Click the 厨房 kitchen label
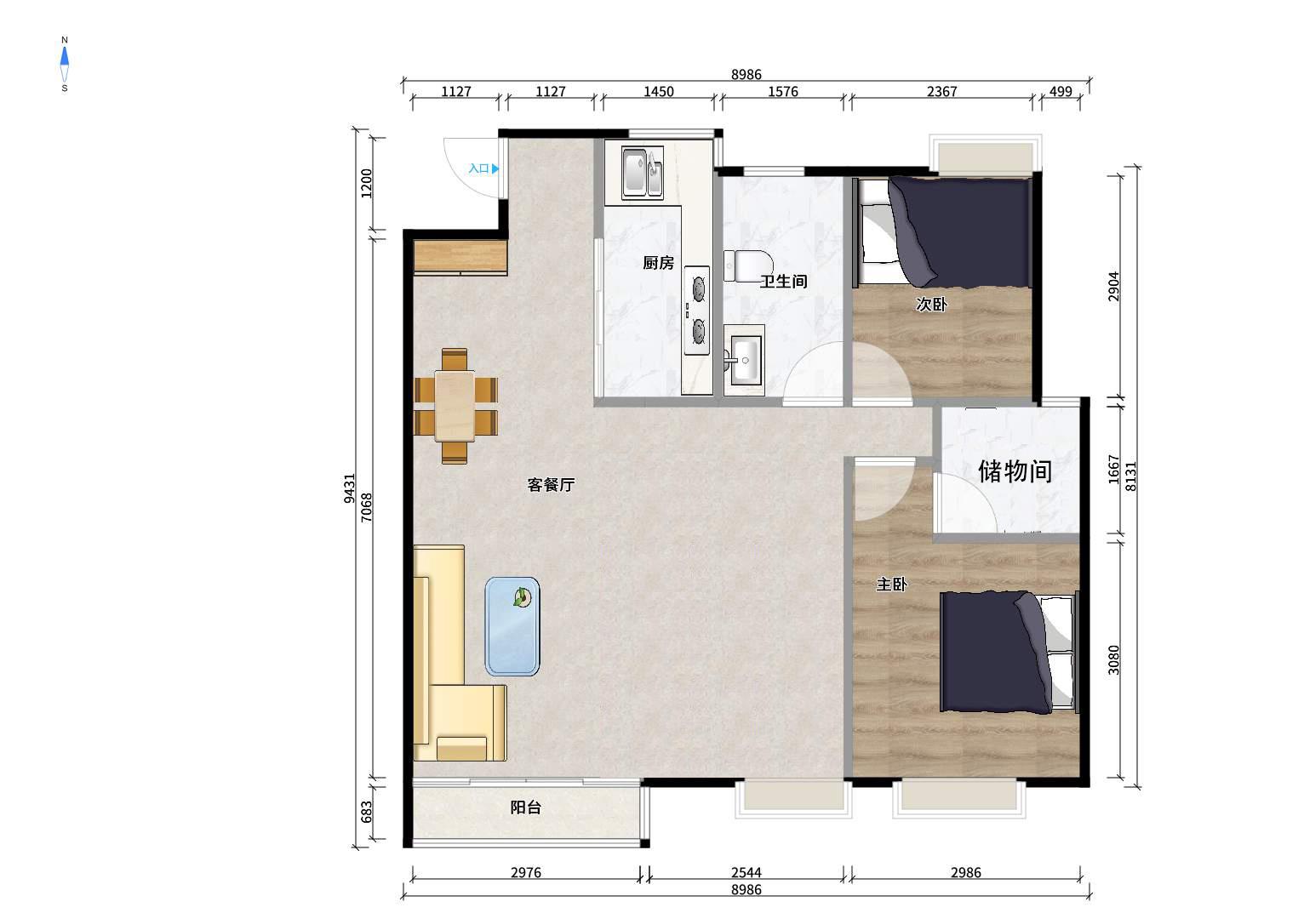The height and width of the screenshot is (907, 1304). [x=659, y=263]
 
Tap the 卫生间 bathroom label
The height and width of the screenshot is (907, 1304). [x=784, y=282]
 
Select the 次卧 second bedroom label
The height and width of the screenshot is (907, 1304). [x=931, y=305]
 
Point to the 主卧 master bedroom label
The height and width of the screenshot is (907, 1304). [x=891, y=585]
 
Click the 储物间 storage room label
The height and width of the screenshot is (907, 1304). [x=1015, y=471]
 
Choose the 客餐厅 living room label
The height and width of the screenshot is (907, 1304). [x=551, y=485]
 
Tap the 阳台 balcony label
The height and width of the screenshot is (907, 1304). [x=526, y=807]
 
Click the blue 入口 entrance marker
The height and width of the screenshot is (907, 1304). [x=483, y=168]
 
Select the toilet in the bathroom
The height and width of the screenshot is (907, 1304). [x=747, y=265]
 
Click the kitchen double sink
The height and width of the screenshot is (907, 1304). [x=643, y=172]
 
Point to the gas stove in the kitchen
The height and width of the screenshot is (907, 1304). [x=697, y=310]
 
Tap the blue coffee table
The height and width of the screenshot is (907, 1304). [x=512, y=626]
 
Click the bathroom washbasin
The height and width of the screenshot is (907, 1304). [x=743, y=361]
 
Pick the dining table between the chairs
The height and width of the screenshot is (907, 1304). [x=455, y=406]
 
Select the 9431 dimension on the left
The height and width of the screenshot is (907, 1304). [x=349, y=488]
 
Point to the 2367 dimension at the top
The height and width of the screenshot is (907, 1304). [x=942, y=91]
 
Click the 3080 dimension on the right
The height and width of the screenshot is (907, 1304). [x=1113, y=659]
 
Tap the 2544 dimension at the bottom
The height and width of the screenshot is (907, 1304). [x=746, y=873]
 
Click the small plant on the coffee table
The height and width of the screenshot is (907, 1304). [x=522, y=597]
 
